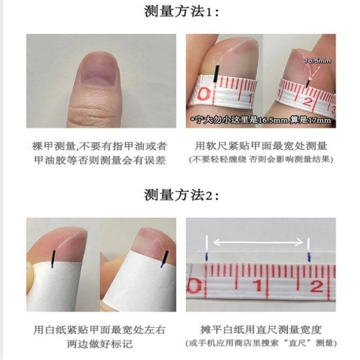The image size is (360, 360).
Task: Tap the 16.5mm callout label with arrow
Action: (318, 61)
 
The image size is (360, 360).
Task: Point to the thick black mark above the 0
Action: (216, 74)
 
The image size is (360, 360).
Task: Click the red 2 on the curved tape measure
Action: (307, 100)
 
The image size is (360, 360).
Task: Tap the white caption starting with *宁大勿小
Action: (261, 120)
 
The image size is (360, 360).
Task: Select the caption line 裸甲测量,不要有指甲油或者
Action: (99, 147)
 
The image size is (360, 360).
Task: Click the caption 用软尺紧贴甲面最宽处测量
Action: (261, 146)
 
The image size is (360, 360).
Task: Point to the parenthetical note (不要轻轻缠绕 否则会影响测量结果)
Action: (261, 159)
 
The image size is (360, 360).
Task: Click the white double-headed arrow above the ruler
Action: (258, 242)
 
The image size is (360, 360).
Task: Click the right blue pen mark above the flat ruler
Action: (309, 257)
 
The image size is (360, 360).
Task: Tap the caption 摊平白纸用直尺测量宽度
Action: (261, 330)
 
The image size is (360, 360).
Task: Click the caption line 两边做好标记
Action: (99, 344)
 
